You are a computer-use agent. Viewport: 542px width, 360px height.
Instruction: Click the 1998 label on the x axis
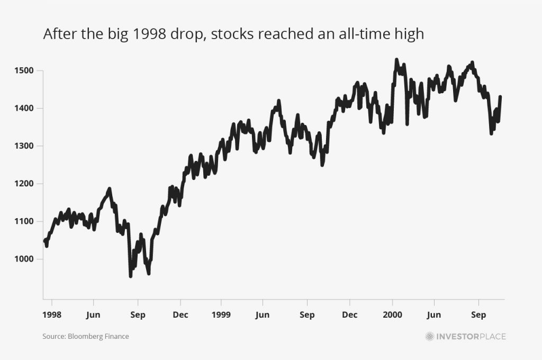(x=52, y=314)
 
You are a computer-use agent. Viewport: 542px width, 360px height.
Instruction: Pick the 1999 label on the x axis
(x=221, y=314)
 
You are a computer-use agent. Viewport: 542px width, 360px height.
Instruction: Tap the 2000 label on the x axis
(x=392, y=314)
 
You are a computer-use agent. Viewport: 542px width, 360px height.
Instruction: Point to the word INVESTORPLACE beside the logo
(x=471, y=336)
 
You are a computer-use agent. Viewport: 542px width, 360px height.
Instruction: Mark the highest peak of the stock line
(x=396, y=60)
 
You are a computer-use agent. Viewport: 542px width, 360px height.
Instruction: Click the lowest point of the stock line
(x=131, y=276)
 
